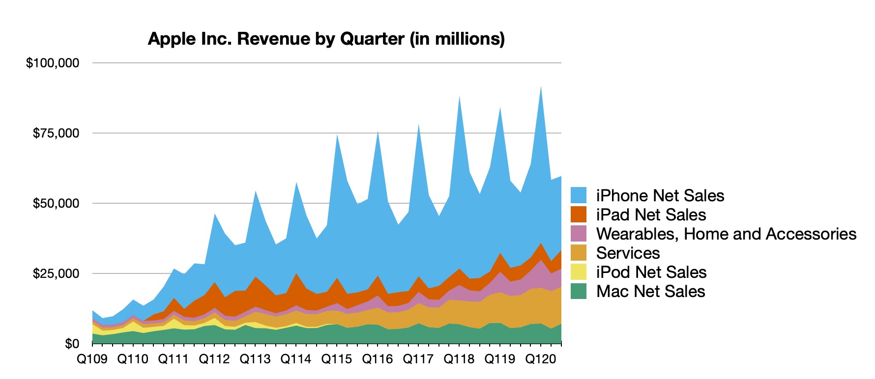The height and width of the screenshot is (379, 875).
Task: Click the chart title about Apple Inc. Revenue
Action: point(326,39)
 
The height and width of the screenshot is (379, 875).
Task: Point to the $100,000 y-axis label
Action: point(53,63)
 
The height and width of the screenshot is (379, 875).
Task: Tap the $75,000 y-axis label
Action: point(56,133)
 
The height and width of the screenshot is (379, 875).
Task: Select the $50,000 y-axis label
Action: point(56,203)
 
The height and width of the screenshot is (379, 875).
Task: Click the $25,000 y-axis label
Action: point(56,273)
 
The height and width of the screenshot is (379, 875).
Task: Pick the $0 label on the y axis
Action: point(71,344)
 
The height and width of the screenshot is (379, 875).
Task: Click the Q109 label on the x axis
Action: point(92,359)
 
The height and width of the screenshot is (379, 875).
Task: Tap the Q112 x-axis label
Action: point(214,359)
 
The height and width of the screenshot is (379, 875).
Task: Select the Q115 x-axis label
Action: point(337,359)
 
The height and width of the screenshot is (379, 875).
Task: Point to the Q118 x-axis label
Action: point(459,359)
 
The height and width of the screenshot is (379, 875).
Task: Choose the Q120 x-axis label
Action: point(541,359)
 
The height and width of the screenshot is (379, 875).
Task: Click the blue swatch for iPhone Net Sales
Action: point(579,195)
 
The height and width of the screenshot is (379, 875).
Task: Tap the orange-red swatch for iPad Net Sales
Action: point(579,215)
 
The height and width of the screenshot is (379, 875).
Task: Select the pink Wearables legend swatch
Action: point(579,234)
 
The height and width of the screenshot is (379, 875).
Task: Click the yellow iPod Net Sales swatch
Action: point(579,272)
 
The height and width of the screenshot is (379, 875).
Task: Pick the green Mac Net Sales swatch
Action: point(579,291)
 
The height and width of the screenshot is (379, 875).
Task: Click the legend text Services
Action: point(628,253)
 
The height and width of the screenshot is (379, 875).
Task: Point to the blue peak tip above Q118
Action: point(459,97)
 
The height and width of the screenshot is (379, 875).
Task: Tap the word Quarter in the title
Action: point(373,39)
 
